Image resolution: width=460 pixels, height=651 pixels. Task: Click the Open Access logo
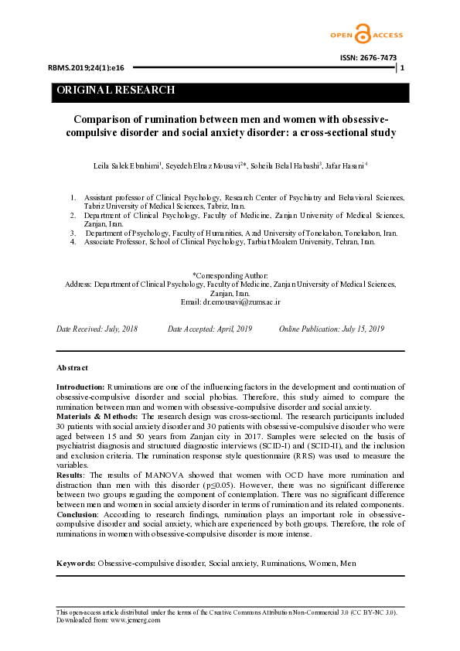(x=362, y=33)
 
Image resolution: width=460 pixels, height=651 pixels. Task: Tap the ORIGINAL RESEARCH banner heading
(x=115, y=90)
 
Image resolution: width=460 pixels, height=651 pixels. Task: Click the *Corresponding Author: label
(x=230, y=276)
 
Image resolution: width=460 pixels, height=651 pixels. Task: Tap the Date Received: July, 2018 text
(x=97, y=329)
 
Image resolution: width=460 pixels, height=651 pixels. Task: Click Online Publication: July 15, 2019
(x=331, y=329)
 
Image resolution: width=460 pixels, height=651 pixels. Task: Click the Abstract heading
(x=72, y=367)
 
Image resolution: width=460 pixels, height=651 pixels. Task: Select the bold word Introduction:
(x=80, y=386)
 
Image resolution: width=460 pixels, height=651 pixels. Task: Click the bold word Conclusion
(x=77, y=514)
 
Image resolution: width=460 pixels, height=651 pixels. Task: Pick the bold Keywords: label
(x=76, y=542)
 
